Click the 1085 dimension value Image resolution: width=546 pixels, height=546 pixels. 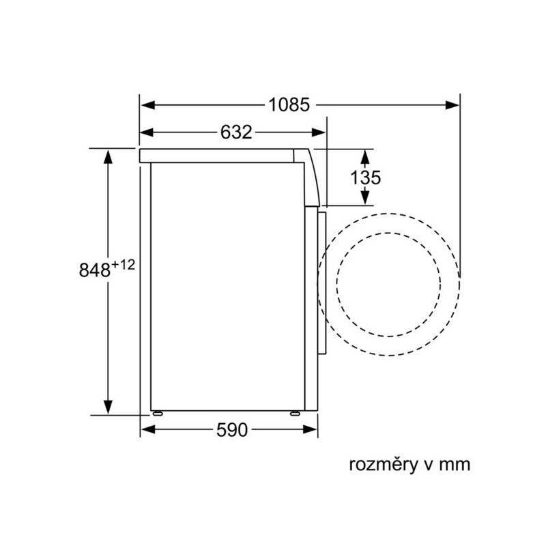pyautogui.click(x=289, y=104)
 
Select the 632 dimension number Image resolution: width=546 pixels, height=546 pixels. pyautogui.click(x=236, y=132)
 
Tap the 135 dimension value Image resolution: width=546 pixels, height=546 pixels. pyautogui.click(x=366, y=177)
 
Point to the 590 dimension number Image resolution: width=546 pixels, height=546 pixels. pyautogui.click(x=232, y=430)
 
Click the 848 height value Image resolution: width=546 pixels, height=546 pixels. pyautogui.click(x=95, y=270)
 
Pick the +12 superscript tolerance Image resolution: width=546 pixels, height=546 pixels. pyautogui.click(x=123, y=265)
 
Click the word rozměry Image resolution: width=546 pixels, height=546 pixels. pyautogui.click(x=383, y=465)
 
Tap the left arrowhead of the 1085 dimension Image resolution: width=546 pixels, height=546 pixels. pyautogui.click(x=148, y=105)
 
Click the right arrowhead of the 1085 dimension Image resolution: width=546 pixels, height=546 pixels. pyautogui.click(x=452, y=105)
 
